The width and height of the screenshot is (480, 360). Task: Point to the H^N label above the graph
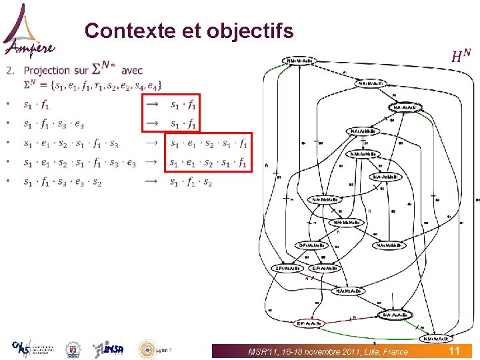[x=461, y=56]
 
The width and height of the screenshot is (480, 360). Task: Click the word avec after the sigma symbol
[x=132, y=70]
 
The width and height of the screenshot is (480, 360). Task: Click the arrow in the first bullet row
[x=152, y=103]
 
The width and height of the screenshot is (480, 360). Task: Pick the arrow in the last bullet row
[x=152, y=181]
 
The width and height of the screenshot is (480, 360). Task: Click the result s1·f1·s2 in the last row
[x=191, y=181]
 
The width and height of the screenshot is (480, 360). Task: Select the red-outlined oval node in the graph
[x=309, y=323]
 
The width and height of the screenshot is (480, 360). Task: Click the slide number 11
[x=454, y=351]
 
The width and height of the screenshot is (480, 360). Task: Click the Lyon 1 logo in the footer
[x=155, y=349]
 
